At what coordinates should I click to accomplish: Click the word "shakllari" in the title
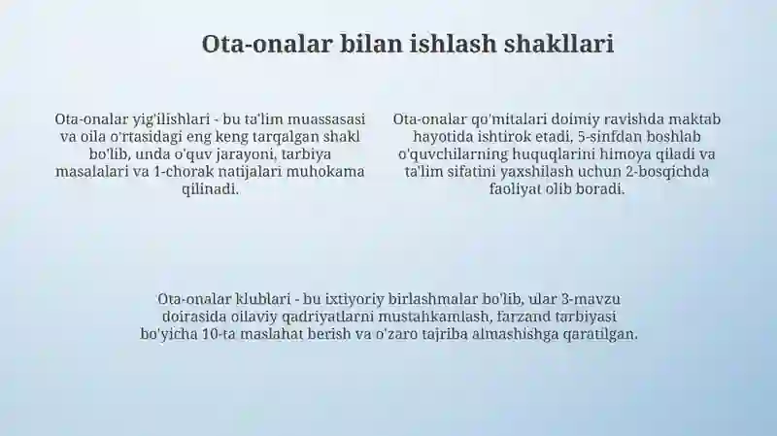pos(559,44)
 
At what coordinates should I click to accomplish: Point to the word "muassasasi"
pos(326,119)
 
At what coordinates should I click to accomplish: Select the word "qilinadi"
pos(211,188)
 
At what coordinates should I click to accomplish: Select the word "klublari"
pos(263,299)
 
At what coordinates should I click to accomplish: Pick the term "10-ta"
pos(220,334)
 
